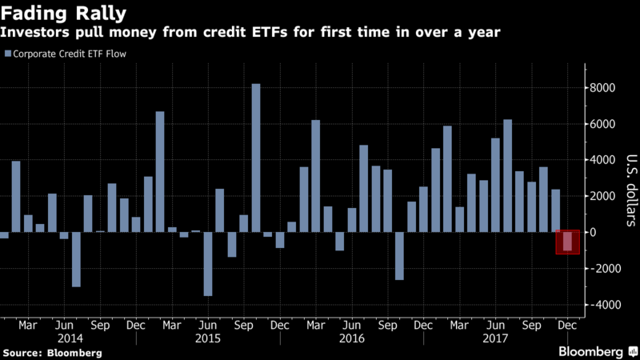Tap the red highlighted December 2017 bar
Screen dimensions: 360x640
tap(567, 242)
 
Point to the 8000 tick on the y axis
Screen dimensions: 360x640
tap(604, 88)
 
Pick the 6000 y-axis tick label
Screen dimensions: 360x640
tap(604, 124)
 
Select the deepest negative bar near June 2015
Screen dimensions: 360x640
tap(208, 264)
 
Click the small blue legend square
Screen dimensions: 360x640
tap(7, 54)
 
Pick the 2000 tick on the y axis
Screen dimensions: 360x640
tap(604, 196)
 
